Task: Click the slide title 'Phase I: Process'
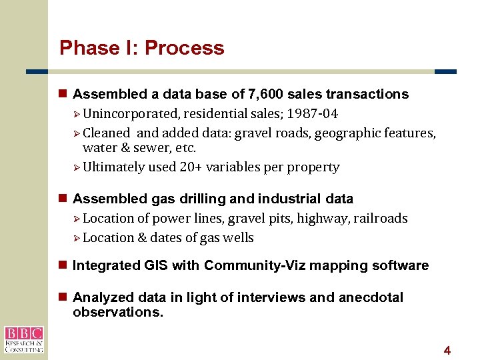[x=141, y=48]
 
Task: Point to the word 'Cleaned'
[x=106, y=133]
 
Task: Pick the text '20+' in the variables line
[x=191, y=167]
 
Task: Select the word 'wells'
[x=238, y=237]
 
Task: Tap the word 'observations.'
[x=117, y=311]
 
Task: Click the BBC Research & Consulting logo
[x=23, y=339]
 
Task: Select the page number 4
[x=447, y=350]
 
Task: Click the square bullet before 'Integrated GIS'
[x=63, y=265]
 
